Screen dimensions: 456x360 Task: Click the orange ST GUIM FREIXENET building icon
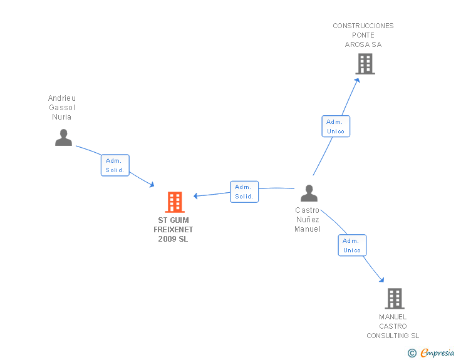175,202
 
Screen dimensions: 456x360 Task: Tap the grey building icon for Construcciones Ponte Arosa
365,64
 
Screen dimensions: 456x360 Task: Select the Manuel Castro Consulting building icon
395,299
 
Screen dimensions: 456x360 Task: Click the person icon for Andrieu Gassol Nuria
63,138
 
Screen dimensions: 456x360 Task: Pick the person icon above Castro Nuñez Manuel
309,193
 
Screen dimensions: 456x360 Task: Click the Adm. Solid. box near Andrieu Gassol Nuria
115,165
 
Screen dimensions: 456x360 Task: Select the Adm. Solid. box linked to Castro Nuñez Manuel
244,192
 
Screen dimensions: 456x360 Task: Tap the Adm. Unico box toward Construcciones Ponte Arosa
336,126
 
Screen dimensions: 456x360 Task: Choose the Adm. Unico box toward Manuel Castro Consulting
352,245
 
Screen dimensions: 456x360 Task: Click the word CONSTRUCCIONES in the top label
363,26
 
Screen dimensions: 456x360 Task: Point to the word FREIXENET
174,230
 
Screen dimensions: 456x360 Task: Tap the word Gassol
62,108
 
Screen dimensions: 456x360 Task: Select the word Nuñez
308,220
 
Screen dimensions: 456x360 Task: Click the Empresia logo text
437,352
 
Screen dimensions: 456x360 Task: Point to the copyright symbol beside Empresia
412,353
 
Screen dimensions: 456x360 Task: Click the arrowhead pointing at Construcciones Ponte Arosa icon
358,81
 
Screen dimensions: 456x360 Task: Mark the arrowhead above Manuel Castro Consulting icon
381,280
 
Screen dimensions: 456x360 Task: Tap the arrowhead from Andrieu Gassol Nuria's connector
152,185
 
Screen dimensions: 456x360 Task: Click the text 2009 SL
173,239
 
